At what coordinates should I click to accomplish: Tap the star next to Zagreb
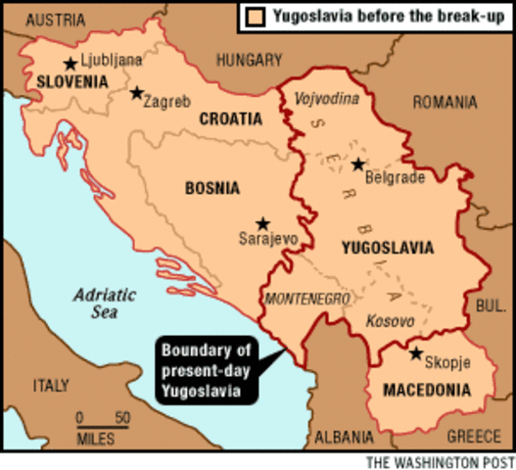(x=136, y=93)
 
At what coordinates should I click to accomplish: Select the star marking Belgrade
(x=358, y=164)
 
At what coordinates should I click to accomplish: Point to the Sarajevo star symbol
(x=261, y=223)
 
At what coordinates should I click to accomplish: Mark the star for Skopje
(x=416, y=353)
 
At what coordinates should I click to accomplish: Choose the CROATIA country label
(x=231, y=118)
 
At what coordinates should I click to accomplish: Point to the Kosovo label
(x=389, y=320)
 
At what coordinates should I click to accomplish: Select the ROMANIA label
(x=445, y=101)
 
